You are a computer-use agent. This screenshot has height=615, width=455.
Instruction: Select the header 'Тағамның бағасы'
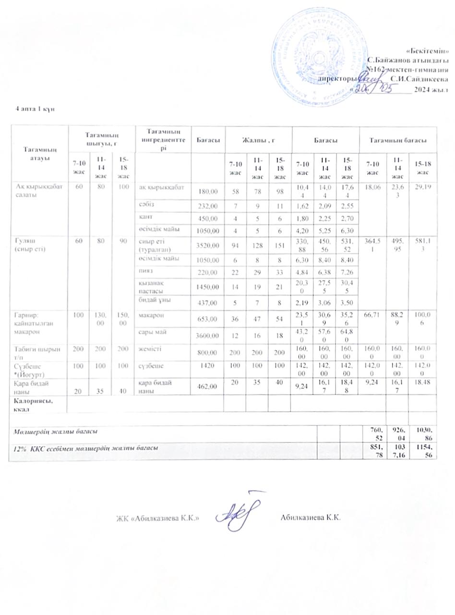pos(397,139)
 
